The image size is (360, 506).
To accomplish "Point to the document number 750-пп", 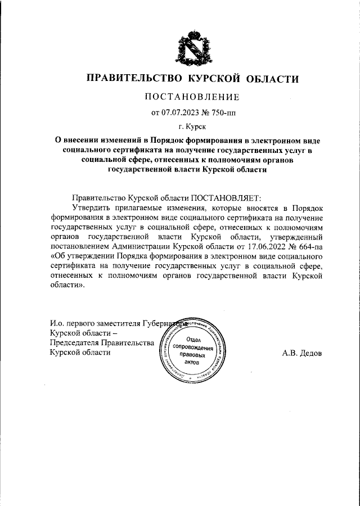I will pos(221,112).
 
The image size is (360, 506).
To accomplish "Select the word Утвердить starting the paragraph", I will pos(84,208).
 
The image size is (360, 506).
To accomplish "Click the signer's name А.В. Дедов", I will pos(301,353).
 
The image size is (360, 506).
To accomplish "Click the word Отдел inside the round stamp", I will pos(193,339).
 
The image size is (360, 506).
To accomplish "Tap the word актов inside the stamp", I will pos(192,364).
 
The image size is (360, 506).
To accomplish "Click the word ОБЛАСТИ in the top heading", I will pos(271,79).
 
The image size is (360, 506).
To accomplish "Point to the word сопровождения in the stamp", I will pos(193,347).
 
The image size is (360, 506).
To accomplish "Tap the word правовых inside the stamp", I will pos(192,356).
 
